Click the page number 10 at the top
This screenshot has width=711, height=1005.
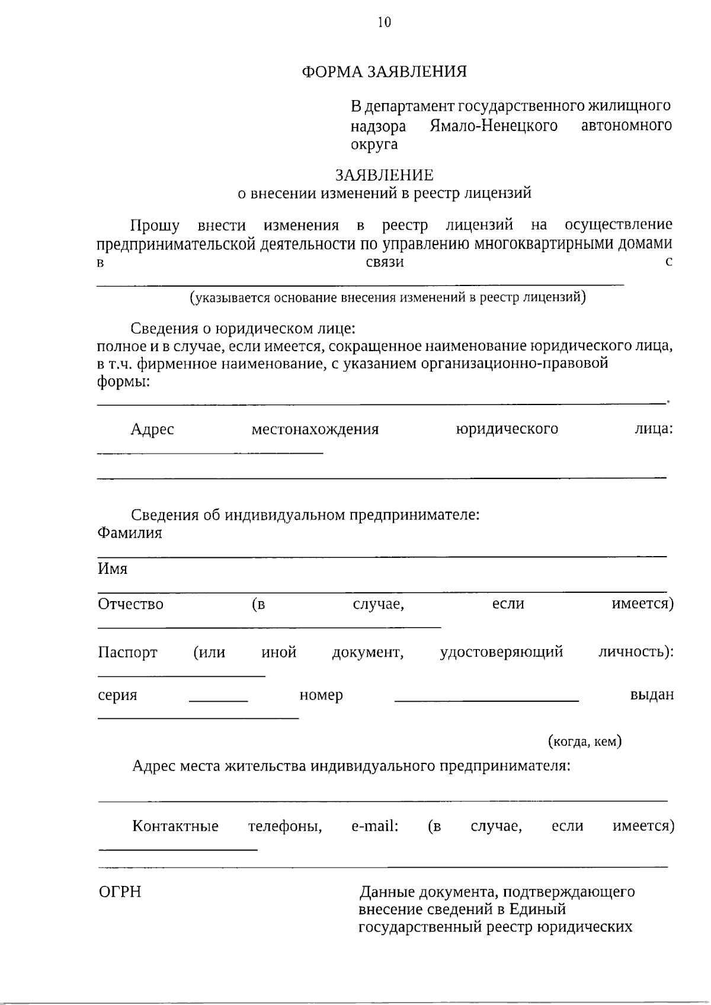384,23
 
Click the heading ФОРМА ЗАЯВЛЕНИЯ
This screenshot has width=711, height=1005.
384,72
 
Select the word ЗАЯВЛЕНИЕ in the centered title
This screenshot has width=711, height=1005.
384,175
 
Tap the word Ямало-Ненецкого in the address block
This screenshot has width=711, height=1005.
493,126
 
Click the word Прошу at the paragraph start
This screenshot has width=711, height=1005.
155,226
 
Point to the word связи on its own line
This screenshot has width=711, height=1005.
385,262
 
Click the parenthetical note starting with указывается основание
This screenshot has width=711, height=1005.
387,297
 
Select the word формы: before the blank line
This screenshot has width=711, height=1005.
123,382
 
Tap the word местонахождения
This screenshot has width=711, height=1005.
315,429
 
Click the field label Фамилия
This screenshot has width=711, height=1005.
130,533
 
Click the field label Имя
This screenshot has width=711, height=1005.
113,569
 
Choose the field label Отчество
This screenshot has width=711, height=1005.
130,605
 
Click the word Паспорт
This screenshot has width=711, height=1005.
127,653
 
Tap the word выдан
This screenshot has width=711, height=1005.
652,695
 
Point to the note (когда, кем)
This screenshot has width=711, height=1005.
584,741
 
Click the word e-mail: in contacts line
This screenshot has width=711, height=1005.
374,826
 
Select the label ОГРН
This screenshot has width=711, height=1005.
120,892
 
